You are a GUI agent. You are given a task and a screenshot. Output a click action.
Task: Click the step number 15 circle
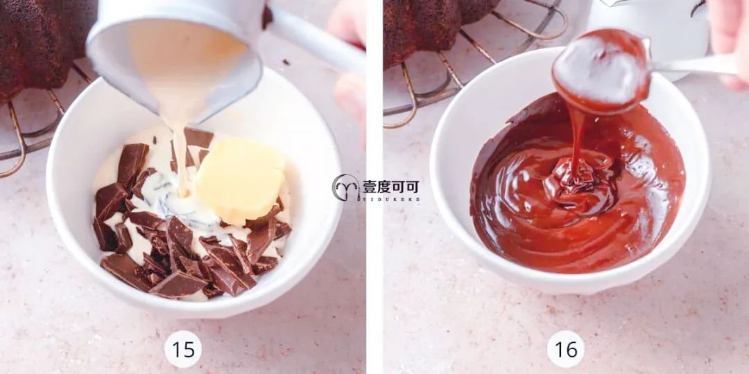[x=183, y=348]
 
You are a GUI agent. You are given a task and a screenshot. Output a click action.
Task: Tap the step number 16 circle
[x=565, y=348]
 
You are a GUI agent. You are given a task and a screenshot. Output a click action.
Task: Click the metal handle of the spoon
[x=694, y=66]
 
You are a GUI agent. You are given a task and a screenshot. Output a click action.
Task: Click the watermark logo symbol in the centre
[x=345, y=188]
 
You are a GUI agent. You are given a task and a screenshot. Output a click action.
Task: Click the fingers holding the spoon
[x=728, y=42]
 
